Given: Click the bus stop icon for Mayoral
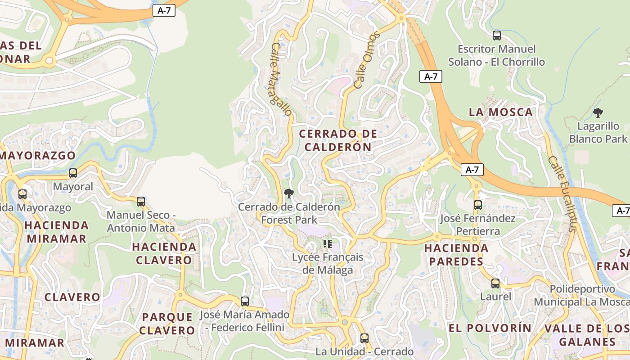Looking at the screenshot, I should coord(72,173).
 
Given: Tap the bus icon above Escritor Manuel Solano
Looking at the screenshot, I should coord(497,36).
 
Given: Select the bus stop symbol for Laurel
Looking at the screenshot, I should coord(495,283).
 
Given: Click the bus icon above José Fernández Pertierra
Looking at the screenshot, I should coord(478,205).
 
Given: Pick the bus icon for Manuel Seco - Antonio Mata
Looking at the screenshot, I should coord(141,202).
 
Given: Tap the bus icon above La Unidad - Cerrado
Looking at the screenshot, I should coord(364,338).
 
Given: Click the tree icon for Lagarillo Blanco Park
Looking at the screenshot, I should coord(598,113).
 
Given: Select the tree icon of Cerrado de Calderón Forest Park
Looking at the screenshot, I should coord(289,194).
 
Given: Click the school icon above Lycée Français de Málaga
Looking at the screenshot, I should coord(328,244).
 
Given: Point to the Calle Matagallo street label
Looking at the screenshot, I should coord(282,79).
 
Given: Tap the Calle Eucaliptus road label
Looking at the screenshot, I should coord(562,193).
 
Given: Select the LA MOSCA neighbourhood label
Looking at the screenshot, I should coord(501,112).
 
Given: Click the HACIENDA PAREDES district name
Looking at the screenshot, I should coord(456,255).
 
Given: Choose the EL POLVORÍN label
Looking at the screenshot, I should coord(490,328).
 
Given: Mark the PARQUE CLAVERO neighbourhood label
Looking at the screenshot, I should coord(167,324).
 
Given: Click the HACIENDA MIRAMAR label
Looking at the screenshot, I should coord(56,232).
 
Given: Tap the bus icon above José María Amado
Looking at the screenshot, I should coord(245,301).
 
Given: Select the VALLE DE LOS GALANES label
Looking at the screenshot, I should coord(587,335).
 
